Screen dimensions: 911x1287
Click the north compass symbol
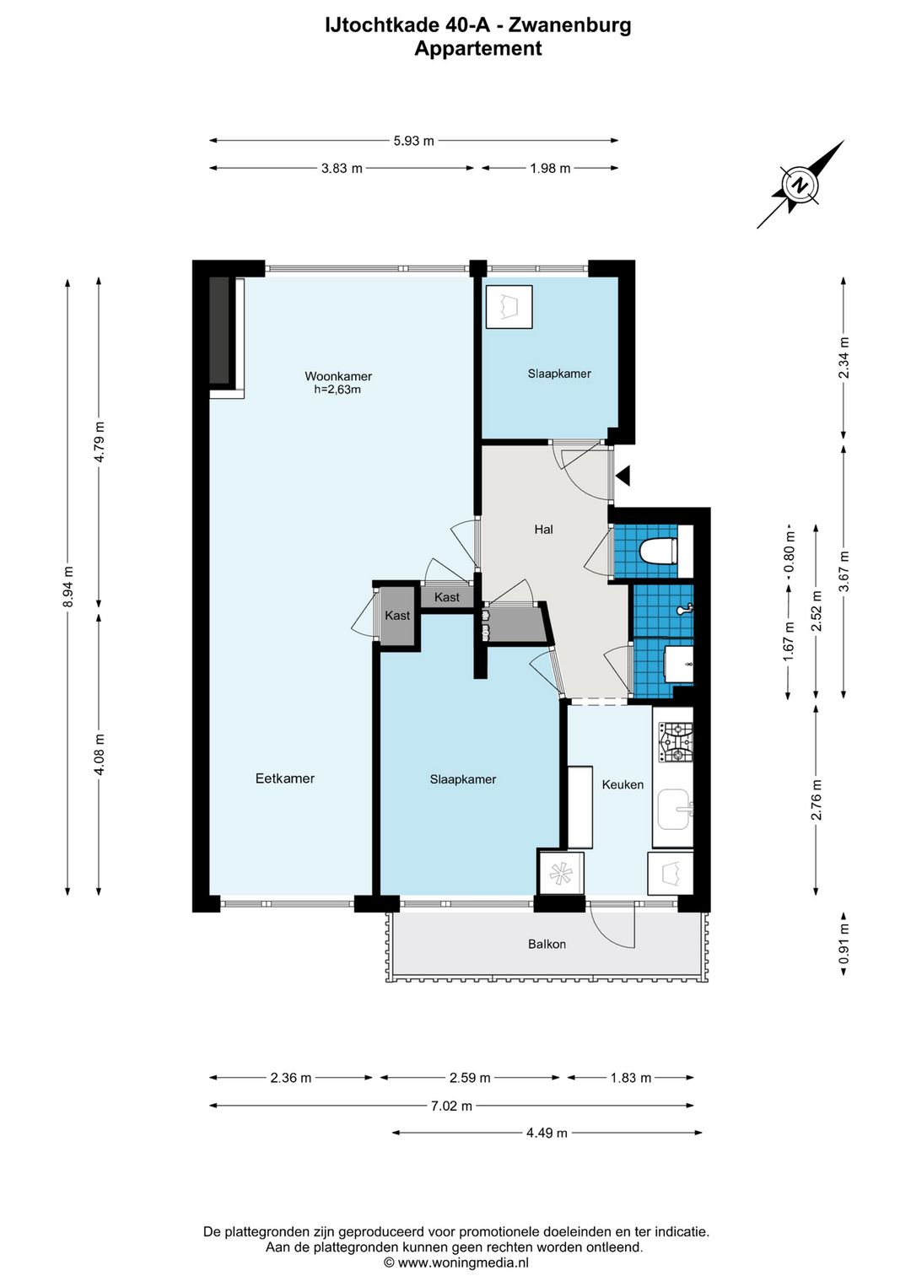800,185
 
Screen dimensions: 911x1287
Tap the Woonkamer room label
338,376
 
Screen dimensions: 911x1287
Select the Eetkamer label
284,778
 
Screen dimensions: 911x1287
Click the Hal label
543,529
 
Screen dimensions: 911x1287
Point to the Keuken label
623,784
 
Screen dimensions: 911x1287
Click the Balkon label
547,944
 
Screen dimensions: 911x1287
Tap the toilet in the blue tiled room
658,552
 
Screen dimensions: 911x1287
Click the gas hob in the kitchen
676,742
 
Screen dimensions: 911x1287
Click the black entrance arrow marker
623,476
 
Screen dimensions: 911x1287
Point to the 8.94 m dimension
68,587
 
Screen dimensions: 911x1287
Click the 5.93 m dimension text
414,141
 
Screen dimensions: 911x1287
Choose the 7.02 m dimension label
452,1106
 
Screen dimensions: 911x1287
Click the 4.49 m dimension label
547,1133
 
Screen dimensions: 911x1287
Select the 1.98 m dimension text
550,169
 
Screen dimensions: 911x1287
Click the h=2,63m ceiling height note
337,390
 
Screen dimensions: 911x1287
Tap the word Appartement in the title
478,48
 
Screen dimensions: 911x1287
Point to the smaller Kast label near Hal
446,597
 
